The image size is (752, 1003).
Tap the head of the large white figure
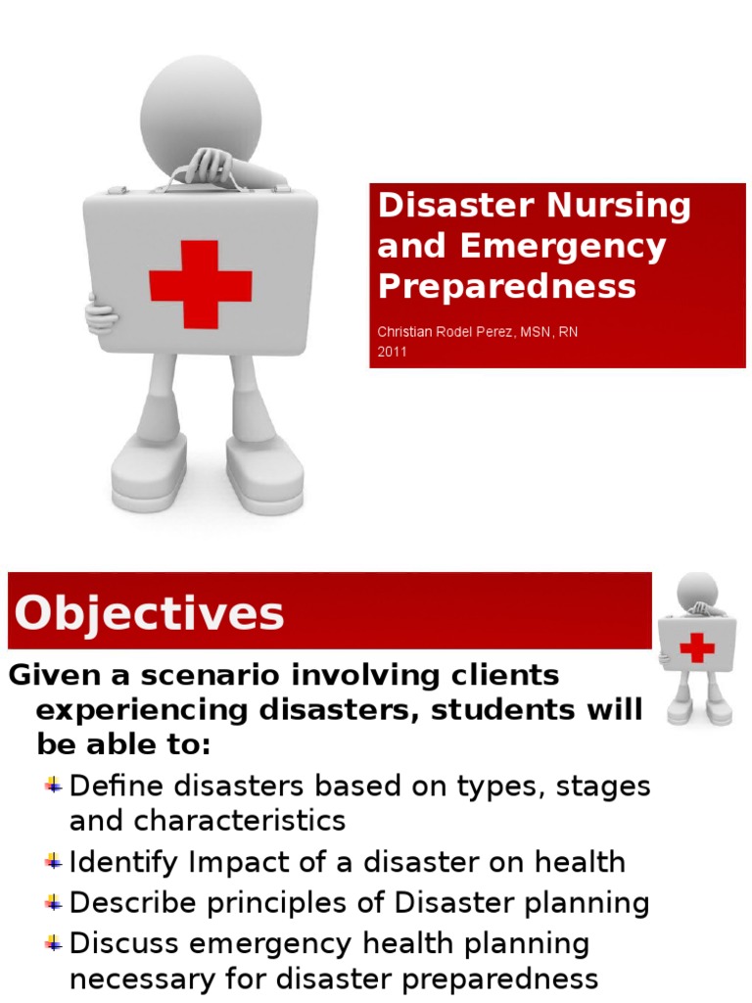tap(201, 105)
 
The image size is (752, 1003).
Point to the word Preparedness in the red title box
tap(506, 286)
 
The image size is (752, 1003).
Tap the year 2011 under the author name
tap(392, 352)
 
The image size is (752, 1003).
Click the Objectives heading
tap(149, 614)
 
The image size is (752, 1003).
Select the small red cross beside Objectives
tap(697, 647)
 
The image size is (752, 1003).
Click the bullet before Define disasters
tap(54, 785)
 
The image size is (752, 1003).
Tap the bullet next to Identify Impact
tap(54, 862)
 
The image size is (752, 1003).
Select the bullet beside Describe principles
tap(54, 902)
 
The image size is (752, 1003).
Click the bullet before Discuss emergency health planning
tap(54, 943)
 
